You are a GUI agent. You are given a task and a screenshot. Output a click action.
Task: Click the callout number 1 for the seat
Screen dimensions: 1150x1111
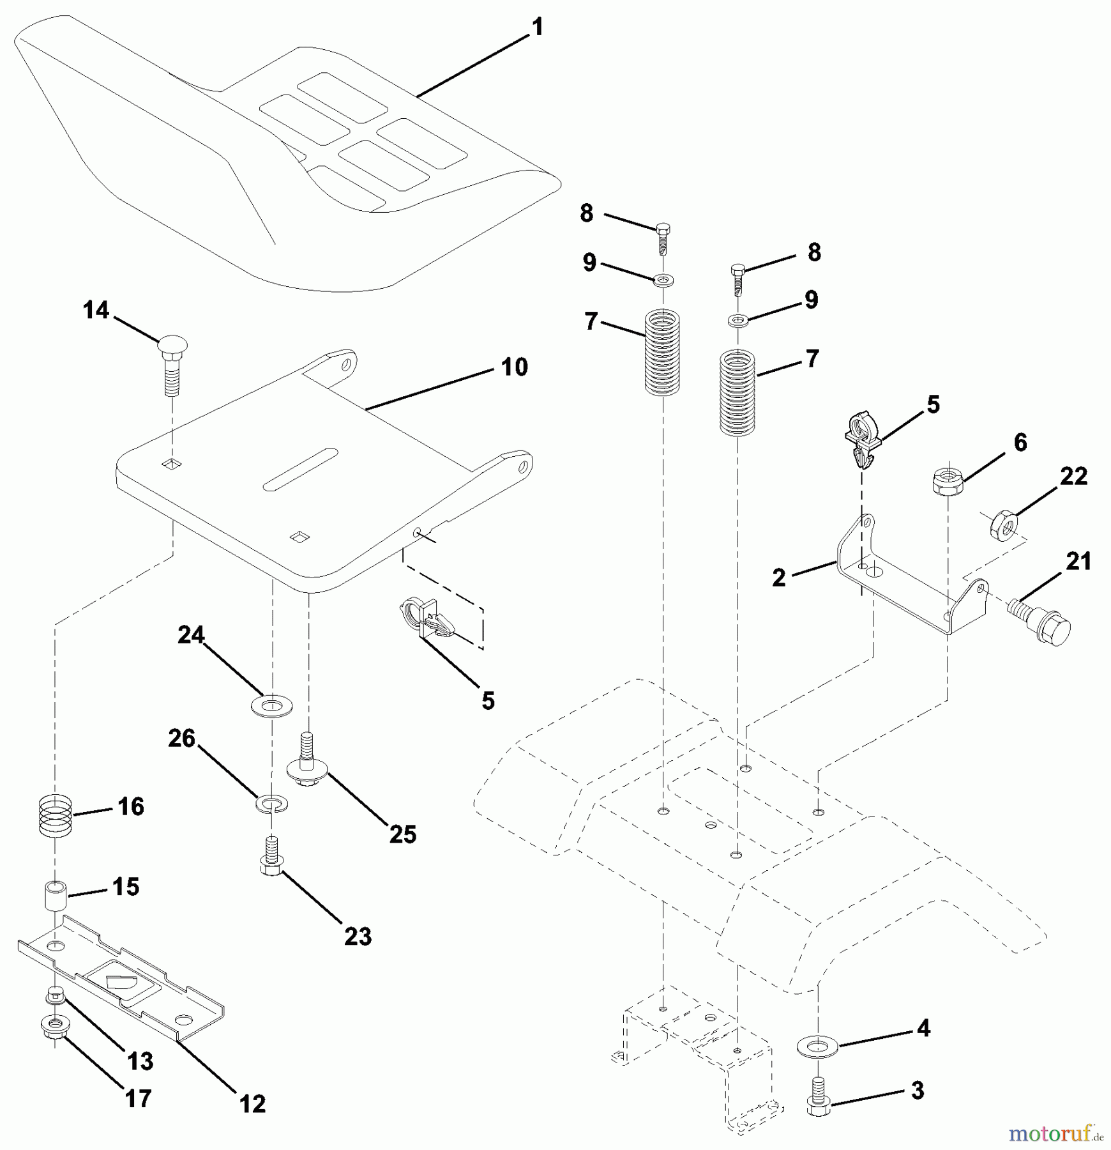538,27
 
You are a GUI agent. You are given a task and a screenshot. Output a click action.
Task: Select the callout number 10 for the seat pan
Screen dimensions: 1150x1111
515,367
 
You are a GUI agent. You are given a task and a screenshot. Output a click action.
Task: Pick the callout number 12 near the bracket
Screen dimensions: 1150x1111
252,1103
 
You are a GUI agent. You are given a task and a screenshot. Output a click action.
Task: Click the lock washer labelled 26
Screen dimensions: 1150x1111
271,802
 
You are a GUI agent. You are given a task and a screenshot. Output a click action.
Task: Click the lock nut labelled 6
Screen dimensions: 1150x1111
948,479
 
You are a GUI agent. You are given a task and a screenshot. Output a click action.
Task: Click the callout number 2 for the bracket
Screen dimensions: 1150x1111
778,578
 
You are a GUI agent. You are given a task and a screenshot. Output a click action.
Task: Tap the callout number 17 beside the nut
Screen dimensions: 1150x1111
138,1098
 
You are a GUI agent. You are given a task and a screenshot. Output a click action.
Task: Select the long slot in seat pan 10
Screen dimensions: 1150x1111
300,470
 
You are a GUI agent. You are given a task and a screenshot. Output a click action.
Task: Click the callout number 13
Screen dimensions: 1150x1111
140,1061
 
